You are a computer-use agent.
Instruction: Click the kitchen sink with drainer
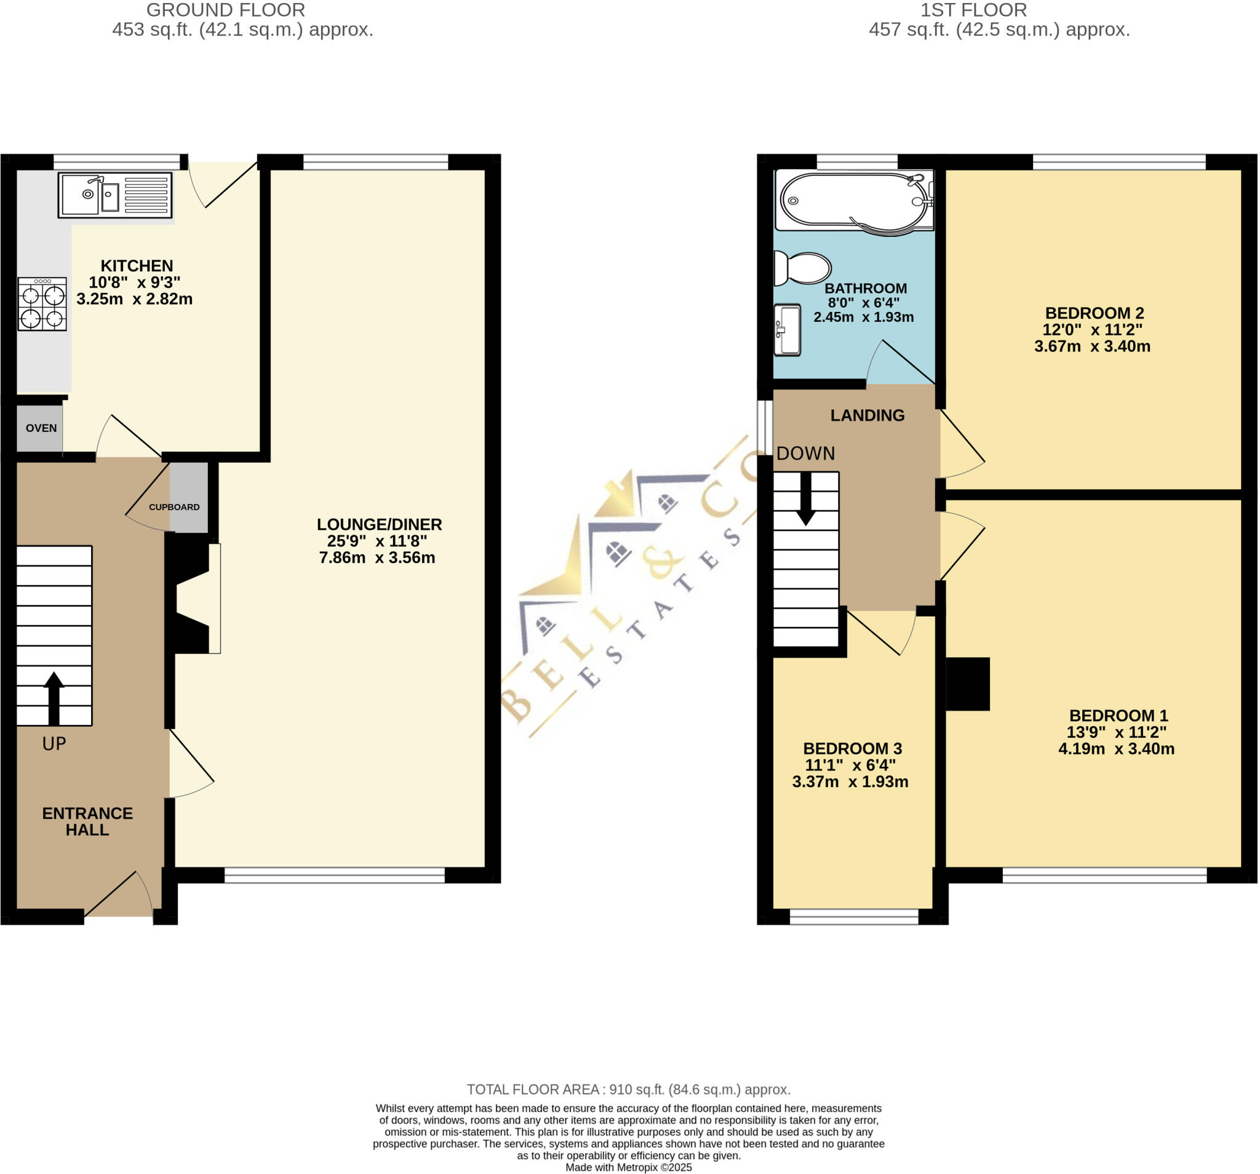114,195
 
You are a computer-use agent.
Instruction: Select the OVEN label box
41,428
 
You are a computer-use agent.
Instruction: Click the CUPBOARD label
174,507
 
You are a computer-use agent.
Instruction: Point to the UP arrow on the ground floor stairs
54,697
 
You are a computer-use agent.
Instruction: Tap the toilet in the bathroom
802,268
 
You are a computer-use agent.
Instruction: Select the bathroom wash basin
788,330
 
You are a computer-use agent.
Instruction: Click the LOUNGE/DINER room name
379,524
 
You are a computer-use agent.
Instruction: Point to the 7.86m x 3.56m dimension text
377,558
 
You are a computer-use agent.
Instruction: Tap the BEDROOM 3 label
853,748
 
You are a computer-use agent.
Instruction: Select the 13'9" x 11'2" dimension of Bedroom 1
1116,732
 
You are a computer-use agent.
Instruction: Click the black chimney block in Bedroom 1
968,684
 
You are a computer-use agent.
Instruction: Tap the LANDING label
867,415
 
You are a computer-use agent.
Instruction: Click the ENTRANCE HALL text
87,821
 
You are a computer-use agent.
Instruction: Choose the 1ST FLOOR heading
973,10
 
